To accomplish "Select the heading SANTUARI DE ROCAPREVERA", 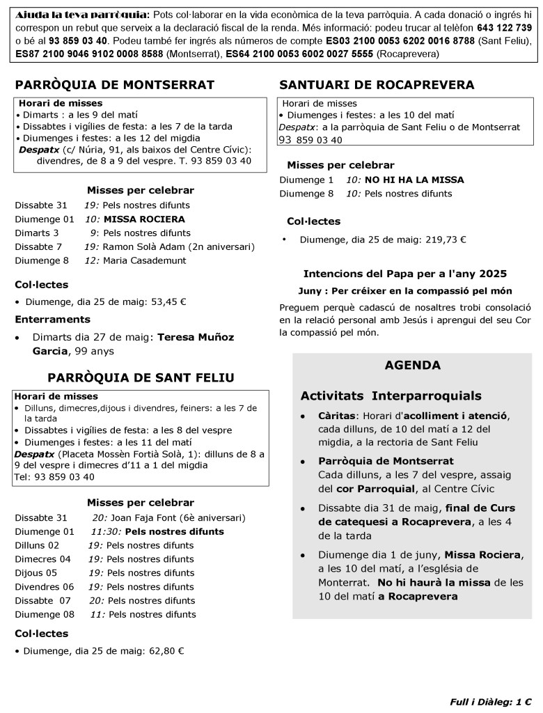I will (377, 85).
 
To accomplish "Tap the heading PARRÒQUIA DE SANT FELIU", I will (141, 377).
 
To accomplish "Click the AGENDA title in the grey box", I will (412, 365).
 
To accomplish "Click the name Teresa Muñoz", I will (196, 337).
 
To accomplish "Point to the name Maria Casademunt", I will (145, 260).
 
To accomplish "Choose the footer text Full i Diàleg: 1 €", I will (485, 701).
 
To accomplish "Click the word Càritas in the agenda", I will (336, 416).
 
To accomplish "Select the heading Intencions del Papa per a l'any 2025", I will (404, 274).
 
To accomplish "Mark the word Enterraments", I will (53, 319).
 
